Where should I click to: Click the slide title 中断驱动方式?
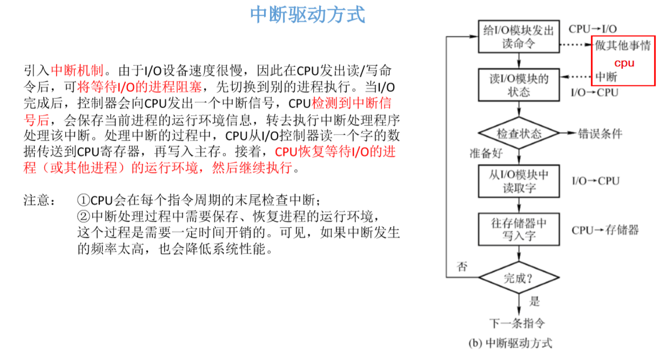307,15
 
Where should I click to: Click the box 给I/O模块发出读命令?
518,36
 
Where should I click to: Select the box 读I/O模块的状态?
518,85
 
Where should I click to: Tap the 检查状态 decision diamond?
518,133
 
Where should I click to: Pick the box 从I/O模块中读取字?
518,181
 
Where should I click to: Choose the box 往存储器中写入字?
518,229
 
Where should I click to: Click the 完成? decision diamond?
518,278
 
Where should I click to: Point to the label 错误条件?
600,133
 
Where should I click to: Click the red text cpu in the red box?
624,63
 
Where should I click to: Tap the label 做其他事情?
623,45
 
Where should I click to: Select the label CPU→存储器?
605,230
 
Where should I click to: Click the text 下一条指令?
517,323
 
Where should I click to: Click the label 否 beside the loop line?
462,267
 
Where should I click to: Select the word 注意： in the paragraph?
39,201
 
